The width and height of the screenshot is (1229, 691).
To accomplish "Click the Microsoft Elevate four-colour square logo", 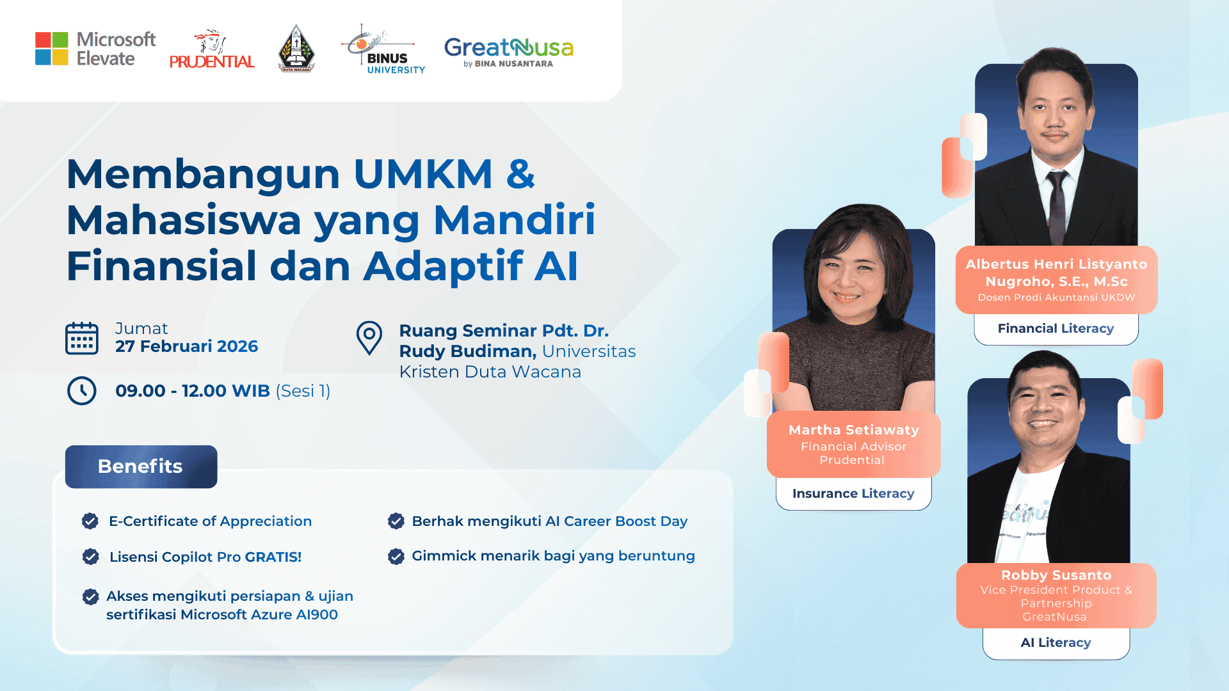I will pyautogui.click(x=52, y=49).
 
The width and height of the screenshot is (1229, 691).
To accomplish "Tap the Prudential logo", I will pyautogui.click(x=212, y=50).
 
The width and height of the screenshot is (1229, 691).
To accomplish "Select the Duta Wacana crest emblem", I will pyautogui.click(x=296, y=49).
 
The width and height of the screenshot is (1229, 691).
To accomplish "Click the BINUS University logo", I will pyautogui.click(x=384, y=50).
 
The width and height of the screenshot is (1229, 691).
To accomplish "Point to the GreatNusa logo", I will pyautogui.click(x=509, y=51).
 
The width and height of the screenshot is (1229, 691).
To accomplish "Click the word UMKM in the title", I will pyautogui.click(x=423, y=174).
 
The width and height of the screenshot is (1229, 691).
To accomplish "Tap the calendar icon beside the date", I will pyautogui.click(x=82, y=338).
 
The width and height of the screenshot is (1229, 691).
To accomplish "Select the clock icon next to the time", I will pyautogui.click(x=82, y=391).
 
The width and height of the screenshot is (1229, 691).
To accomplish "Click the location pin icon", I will pyautogui.click(x=369, y=337).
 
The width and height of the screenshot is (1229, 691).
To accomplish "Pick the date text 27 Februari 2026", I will pyautogui.click(x=187, y=347).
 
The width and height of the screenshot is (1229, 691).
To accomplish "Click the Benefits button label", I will pyautogui.click(x=140, y=466).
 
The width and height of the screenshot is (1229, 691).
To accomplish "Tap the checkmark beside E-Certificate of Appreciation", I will pyautogui.click(x=90, y=521).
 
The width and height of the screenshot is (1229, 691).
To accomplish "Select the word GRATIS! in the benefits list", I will pyautogui.click(x=273, y=557).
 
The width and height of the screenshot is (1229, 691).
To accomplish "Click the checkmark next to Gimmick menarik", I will pyautogui.click(x=396, y=557).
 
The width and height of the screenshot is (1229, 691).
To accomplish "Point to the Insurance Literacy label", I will pyautogui.click(x=853, y=493).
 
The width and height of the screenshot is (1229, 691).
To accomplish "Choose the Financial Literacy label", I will pyautogui.click(x=1056, y=328).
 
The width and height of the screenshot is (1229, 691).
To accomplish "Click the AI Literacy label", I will pyautogui.click(x=1056, y=642).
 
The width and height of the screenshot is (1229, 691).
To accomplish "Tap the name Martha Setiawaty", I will pyautogui.click(x=853, y=430).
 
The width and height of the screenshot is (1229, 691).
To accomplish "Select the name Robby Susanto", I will pyautogui.click(x=1056, y=575).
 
